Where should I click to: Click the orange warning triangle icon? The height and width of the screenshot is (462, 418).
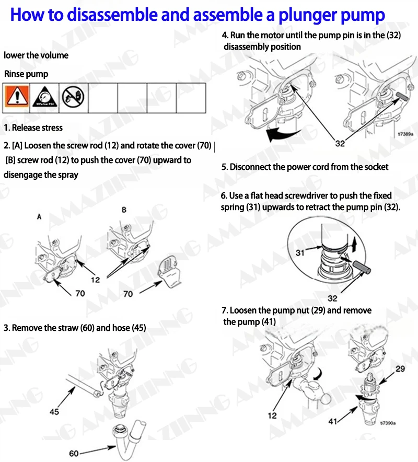click(17, 96)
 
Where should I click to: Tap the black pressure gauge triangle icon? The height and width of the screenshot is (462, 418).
click(44, 97)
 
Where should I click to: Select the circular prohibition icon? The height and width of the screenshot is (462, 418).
click(73, 97)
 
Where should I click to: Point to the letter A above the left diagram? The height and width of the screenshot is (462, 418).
click(39, 217)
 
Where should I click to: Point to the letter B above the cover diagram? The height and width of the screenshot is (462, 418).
click(124, 210)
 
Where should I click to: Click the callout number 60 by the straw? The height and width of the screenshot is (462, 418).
click(74, 453)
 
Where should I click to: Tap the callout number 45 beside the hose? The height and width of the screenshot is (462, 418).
click(54, 411)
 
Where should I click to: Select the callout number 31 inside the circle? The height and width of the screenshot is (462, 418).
click(300, 252)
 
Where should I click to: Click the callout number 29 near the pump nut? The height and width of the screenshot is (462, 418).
click(400, 368)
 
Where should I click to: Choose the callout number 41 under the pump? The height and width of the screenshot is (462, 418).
click(333, 422)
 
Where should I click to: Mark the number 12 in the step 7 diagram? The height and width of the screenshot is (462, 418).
click(272, 415)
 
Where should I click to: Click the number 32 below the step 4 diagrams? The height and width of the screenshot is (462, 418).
click(340, 144)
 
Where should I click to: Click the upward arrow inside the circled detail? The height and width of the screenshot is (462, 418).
click(354, 245)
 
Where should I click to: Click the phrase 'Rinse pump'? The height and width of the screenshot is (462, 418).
click(26, 74)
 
